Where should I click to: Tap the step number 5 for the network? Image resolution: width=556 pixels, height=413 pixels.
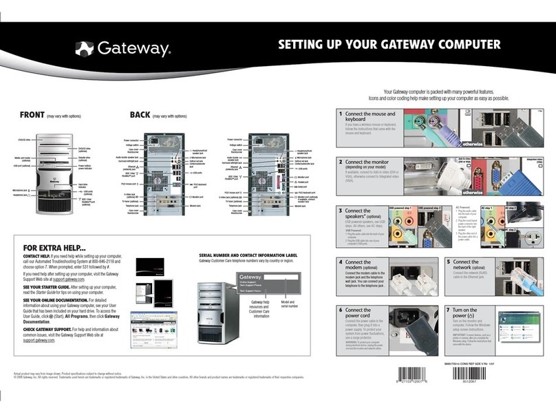[x=448, y=262]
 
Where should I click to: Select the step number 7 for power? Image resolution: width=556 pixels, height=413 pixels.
[x=448, y=310]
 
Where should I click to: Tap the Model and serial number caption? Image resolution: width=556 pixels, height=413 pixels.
[x=287, y=304]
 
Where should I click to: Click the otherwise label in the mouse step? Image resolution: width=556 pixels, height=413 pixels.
[x=471, y=145]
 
